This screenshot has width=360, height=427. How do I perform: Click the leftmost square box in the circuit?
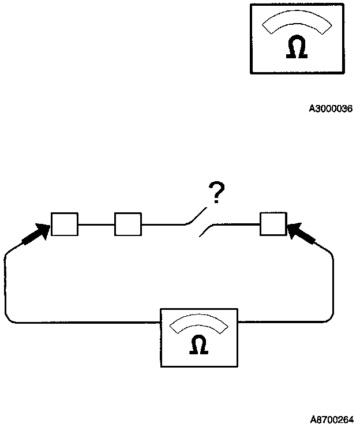(x=65, y=224)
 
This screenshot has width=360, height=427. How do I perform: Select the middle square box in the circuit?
(x=128, y=224)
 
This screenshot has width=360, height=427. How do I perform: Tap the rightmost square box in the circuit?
(x=273, y=224)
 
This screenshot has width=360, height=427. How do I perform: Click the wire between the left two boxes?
(x=96, y=224)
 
